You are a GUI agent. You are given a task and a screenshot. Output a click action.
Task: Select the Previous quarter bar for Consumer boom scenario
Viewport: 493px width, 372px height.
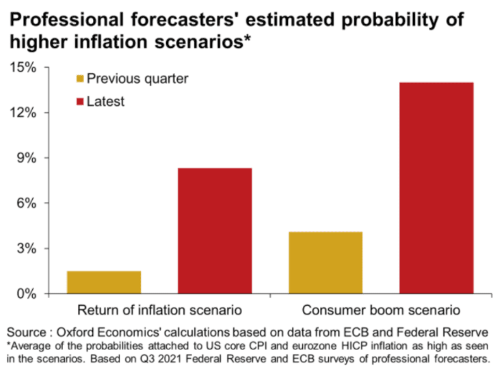[325, 263]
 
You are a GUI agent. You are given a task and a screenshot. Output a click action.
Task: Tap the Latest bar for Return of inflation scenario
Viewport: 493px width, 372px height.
[215, 230]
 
